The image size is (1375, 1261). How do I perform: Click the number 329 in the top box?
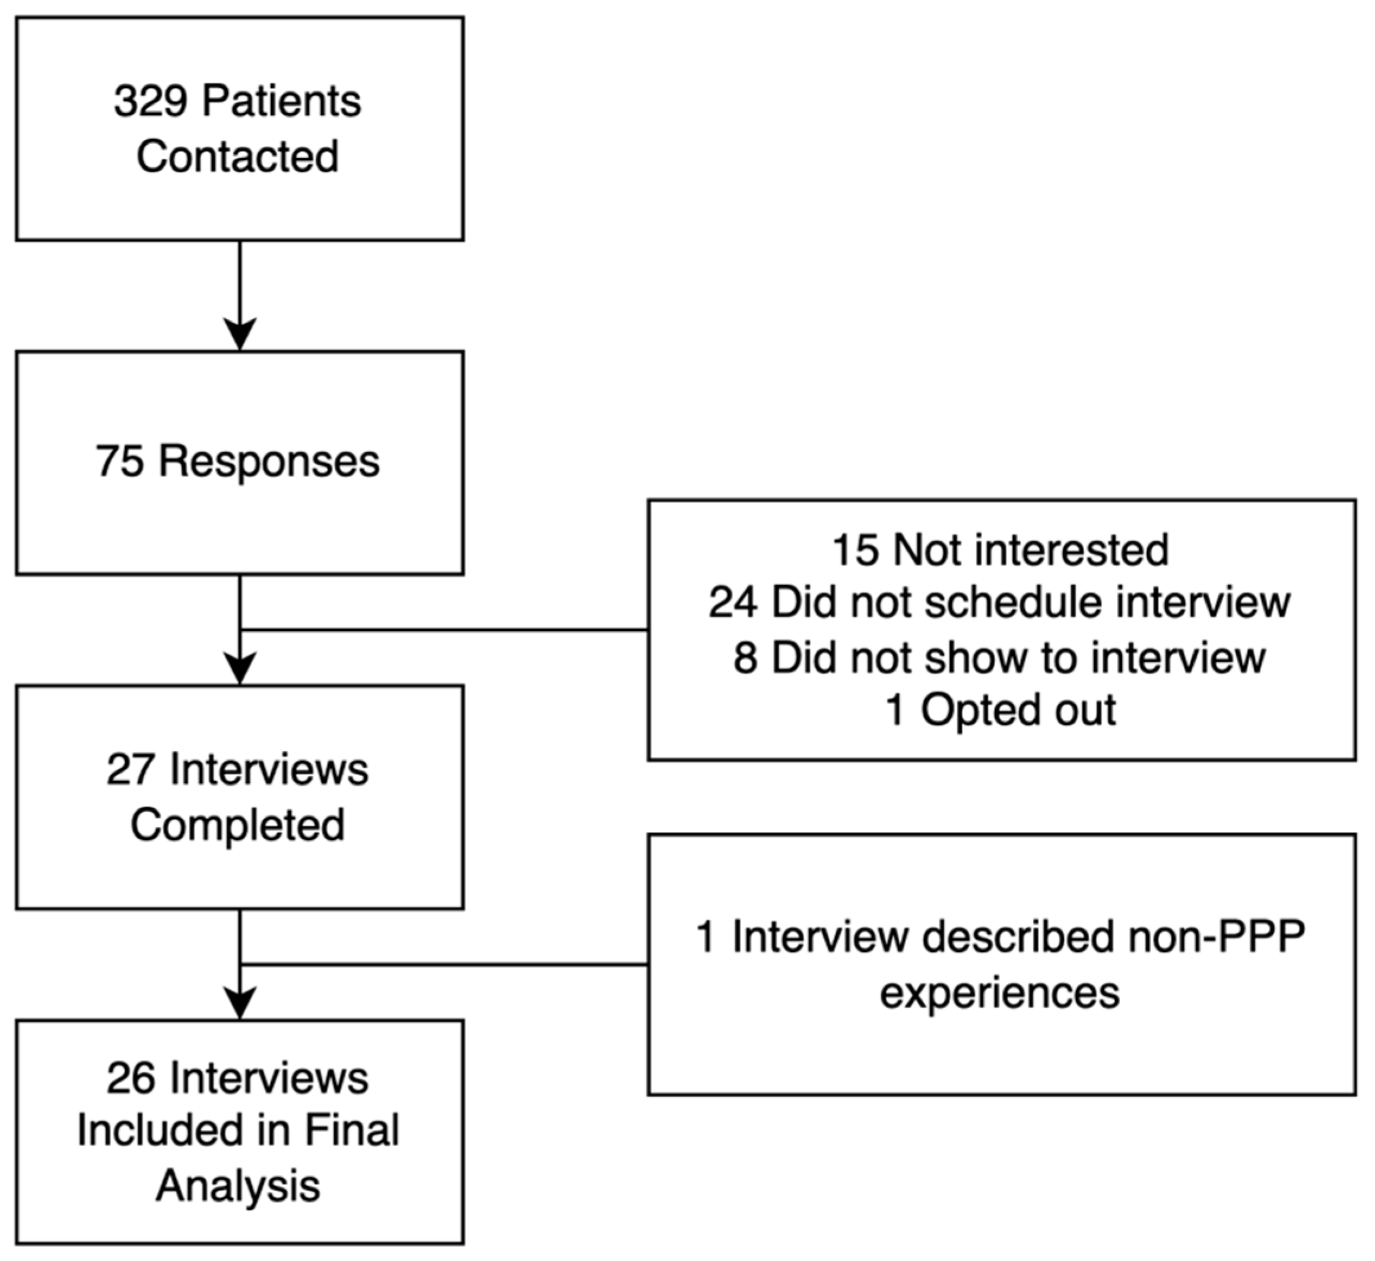click(x=150, y=102)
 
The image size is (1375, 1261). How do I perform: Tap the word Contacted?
click(x=237, y=157)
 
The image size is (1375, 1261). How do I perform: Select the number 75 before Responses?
click(x=119, y=461)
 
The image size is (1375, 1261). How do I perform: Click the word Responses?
click(x=269, y=461)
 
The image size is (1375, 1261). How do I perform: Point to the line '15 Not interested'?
click(x=1001, y=550)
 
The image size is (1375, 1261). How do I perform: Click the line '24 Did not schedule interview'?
click(x=1001, y=602)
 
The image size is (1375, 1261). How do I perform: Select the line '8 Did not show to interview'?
click(x=1001, y=657)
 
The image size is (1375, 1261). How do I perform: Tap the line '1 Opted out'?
click(x=1001, y=710)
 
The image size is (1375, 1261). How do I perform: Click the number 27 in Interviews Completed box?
click(x=129, y=770)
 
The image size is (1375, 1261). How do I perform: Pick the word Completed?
click(x=237, y=825)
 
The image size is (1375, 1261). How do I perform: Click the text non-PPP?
click(x=1217, y=936)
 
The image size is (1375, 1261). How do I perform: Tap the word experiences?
click(x=1001, y=992)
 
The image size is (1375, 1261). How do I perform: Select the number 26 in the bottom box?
click(x=129, y=1078)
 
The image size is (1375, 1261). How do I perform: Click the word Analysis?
click(x=237, y=1186)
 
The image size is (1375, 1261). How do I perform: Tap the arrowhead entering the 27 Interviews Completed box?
click(x=240, y=669)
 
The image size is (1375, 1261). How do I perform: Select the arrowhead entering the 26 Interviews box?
click(x=240, y=1003)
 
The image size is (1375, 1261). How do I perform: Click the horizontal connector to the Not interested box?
click(x=443, y=630)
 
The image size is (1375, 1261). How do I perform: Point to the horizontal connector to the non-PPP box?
click(x=443, y=964)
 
